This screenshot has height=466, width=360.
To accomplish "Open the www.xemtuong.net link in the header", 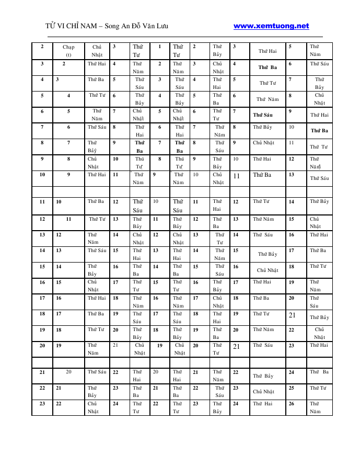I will [271, 26].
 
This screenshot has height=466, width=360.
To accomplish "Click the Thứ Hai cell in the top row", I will [268, 51].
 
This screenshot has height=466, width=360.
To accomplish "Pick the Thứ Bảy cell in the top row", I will [217, 50].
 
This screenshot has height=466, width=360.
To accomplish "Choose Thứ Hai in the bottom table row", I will [263, 403].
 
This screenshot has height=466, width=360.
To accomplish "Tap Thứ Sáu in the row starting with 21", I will [97, 372].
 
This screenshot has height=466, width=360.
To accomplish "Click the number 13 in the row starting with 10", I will [292, 175].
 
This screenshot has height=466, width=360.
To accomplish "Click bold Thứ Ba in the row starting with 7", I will [319, 131].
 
